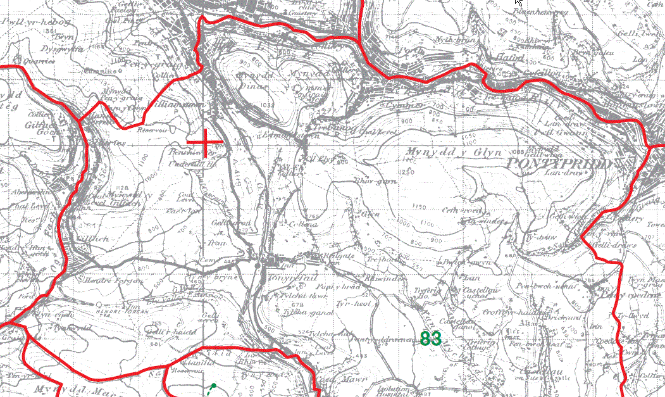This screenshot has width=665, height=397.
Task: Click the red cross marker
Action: click(206, 142)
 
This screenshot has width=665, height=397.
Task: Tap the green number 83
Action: click(430, 339)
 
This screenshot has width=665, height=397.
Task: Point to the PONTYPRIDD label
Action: click(561, 163)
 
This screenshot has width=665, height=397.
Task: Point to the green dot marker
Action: click(214, 385)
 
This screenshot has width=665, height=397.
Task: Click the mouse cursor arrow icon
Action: click(519, 3)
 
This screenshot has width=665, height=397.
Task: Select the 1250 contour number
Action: click(406, 172)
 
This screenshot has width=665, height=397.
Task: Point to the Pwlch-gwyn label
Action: click(457, 261)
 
